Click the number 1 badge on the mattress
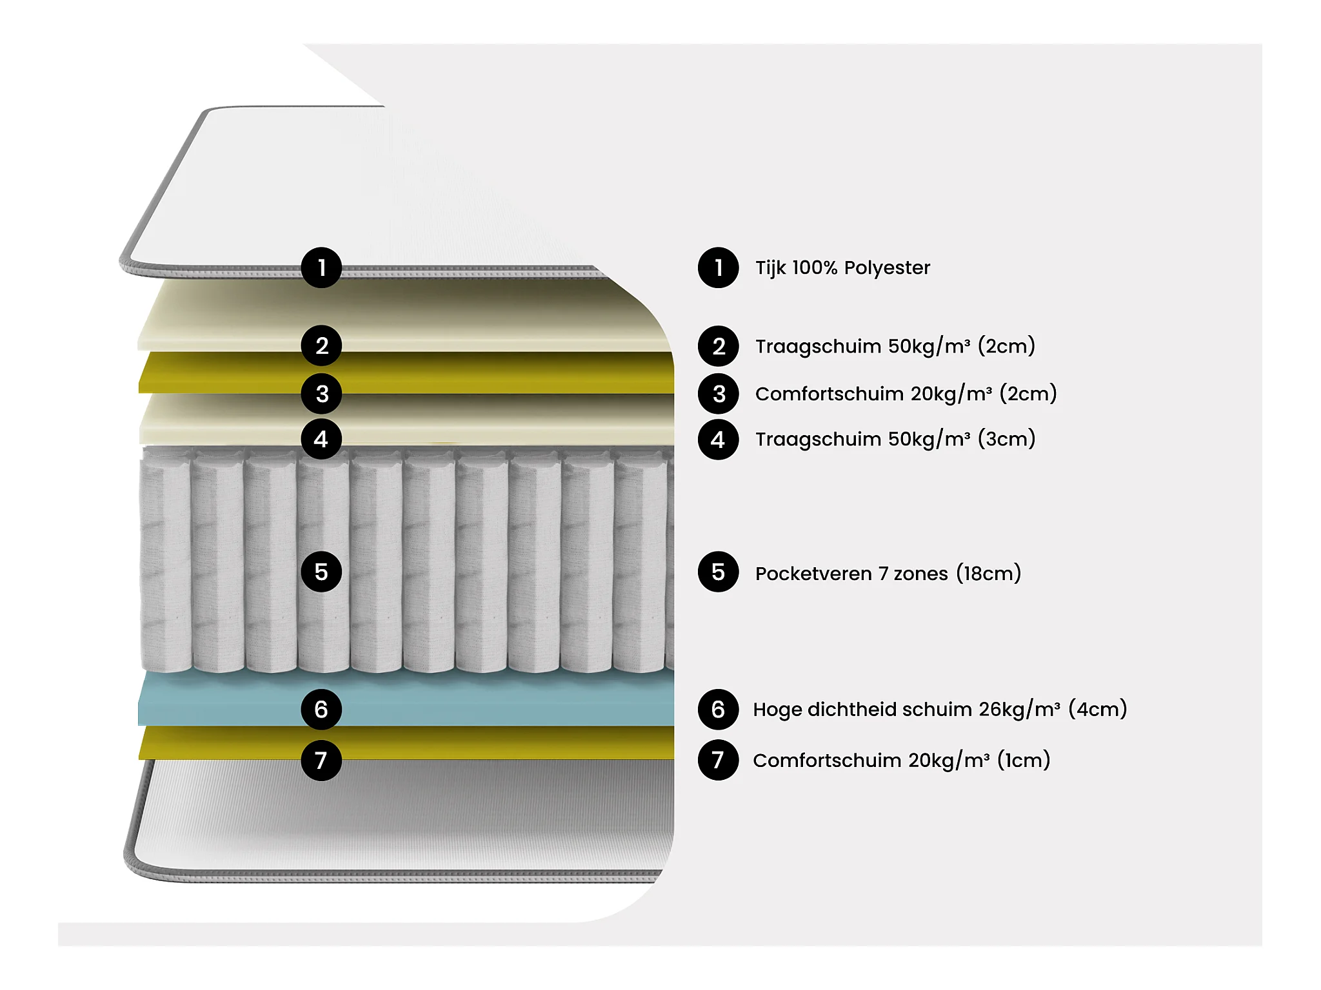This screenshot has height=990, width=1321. click(x=321, y=267)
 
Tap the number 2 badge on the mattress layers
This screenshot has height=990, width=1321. click(x=321, y=346)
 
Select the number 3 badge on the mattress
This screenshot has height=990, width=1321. click(x=321, y=394)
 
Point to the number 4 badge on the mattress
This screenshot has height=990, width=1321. click(x=321, y=440)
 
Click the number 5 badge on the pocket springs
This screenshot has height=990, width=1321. click(x=321, y=572)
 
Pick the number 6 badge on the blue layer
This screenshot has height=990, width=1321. click(x=321, y=709)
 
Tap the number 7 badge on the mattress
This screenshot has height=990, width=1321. click(x=321, y=761)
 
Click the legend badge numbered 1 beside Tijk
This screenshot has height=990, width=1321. click(x=718, y=267)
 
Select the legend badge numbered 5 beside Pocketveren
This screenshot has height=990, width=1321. click(x=718, y=572)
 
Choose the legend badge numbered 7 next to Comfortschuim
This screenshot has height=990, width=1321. click(x=718, y=761)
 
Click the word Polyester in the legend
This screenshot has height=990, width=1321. click(x=887, y=268)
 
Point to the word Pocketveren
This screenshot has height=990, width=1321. click(x=813, y=574)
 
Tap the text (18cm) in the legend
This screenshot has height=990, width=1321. click(x=988, y=573)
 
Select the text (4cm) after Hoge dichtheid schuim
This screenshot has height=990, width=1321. click(x=1097, y=709)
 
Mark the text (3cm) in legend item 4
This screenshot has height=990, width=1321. click(x=1006, y=439)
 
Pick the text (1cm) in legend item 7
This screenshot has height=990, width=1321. click(x=1023, y=761)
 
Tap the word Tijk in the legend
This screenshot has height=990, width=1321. click(x=770, y=268)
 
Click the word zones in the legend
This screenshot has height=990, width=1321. click(x=920, y=574)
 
